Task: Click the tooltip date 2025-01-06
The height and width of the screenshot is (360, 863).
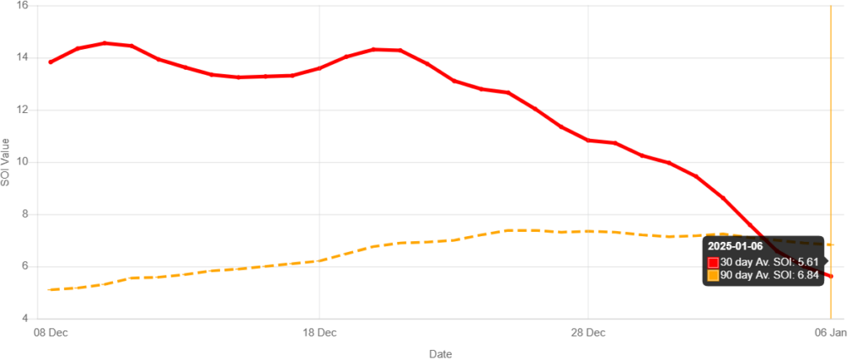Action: point(735,246)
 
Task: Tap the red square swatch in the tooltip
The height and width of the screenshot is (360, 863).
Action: point(713,262)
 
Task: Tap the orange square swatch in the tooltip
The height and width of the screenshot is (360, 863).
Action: point(713,276)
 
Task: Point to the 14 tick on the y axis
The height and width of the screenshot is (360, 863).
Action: point(22,57)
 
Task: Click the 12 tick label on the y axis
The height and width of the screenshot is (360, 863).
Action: point(22,110)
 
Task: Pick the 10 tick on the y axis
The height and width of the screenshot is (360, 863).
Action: point(22,161)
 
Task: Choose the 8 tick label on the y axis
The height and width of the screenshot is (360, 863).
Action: point(24,213)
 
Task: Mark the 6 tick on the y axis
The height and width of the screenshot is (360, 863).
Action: point(24,266)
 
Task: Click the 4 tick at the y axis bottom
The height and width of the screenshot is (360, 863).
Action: point(24,318)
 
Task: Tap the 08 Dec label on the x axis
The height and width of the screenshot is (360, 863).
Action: point(51,333)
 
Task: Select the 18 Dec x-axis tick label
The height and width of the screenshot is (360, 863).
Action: point(319,333)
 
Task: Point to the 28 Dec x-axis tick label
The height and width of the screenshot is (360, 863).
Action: point(587,333)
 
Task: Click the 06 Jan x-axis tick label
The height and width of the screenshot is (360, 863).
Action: point(832,333)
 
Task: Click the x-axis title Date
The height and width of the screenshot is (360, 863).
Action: point(440,353)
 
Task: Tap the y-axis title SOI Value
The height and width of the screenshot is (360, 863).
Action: point(6,160)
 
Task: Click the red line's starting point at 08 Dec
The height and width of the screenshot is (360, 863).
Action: point(51,62)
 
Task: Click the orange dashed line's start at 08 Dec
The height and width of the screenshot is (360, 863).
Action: point(51,289)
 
